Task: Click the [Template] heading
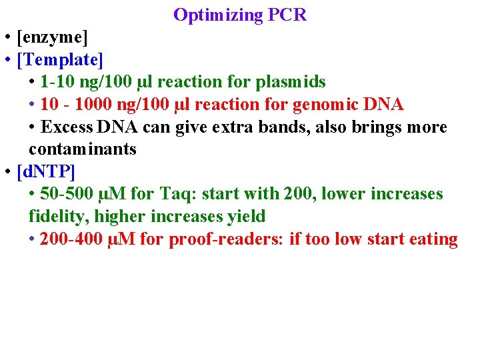pos(60,60)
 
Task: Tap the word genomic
pos(327,105)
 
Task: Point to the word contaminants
pos(83,149)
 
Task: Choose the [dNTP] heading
pos(46,172)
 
